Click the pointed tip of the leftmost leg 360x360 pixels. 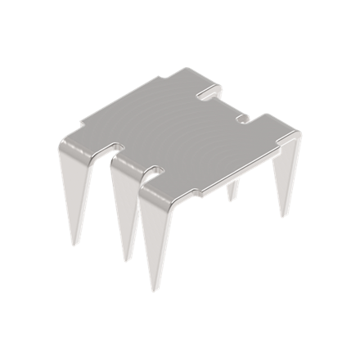tap(79, 245)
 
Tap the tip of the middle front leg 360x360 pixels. tap(127, 261)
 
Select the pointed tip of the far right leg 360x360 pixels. tap(283, 218)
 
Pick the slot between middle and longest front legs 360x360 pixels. tap(152, 171)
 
